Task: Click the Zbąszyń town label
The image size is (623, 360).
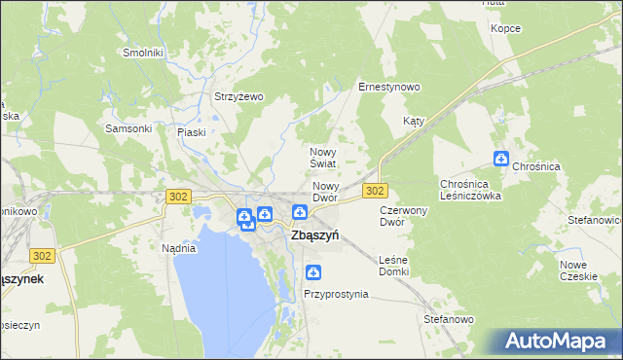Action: click(314, 234)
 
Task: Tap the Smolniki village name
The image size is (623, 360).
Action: click(141, 53)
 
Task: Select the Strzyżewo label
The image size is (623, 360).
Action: click(239, 96)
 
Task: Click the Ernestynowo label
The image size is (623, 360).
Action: click(388, 87)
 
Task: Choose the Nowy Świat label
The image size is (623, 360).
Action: click(323, 158)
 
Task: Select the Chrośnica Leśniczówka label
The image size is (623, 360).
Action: click(470, 189)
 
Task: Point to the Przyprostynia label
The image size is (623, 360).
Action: click(336, 293)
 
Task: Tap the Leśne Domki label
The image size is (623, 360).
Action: click(394, 265)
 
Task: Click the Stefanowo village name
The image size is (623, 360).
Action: click(448, 318)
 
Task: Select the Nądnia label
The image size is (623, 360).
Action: click(179, 247)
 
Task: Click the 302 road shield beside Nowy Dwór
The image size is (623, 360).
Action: click(376, 190)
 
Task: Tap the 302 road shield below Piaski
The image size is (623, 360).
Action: click(177, 197)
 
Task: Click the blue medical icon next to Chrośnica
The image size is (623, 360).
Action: click(501, 159)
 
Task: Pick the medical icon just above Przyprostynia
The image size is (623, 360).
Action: click(312, 272)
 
